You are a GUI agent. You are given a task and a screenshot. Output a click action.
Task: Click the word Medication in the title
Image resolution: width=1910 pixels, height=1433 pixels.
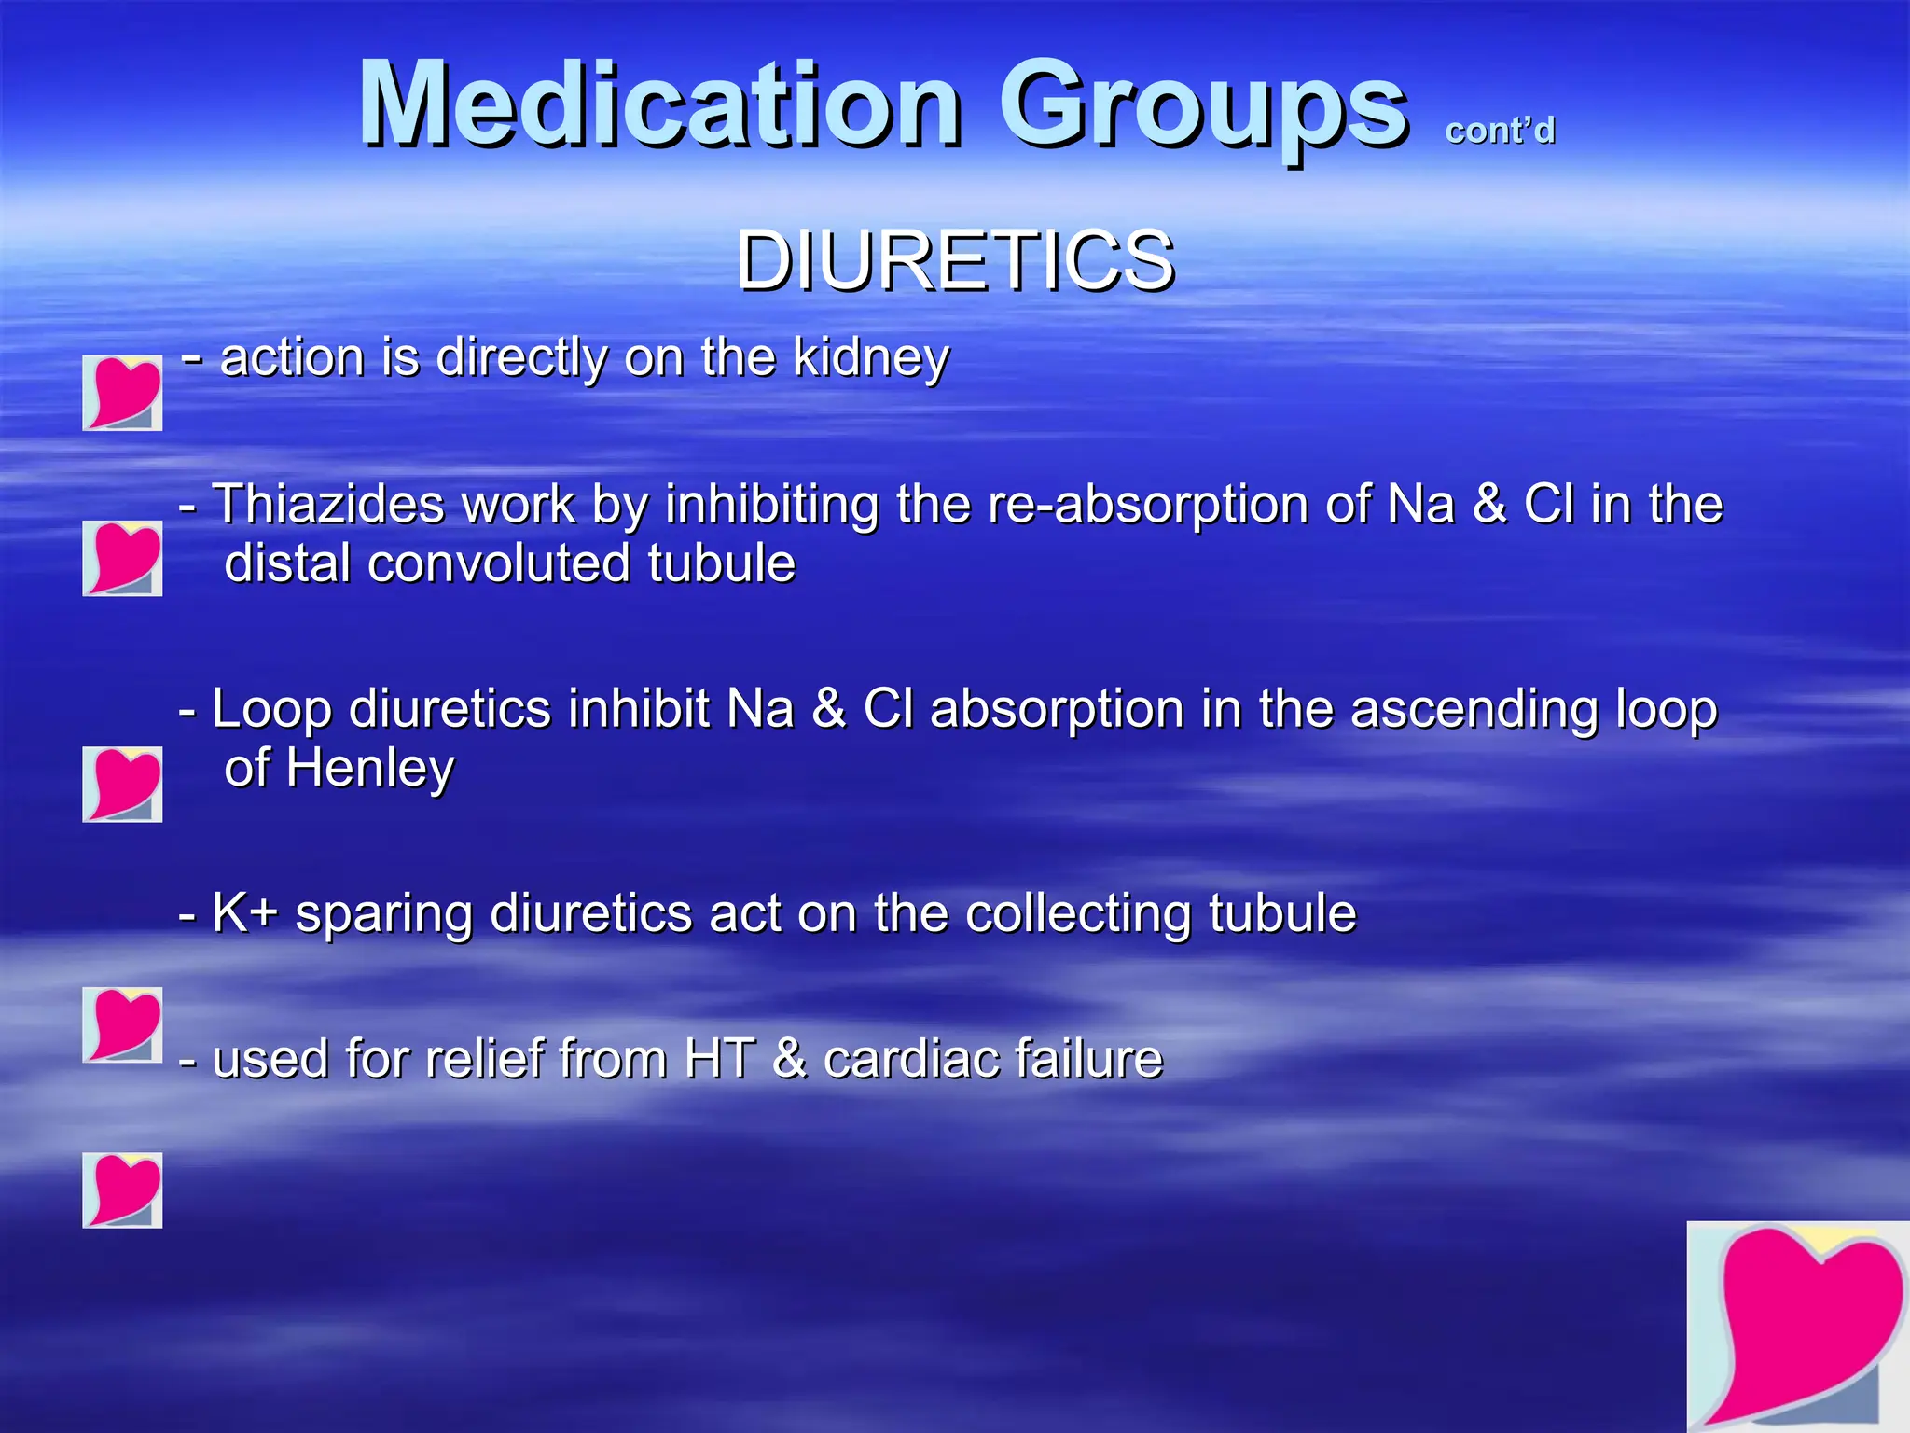pos(659,104)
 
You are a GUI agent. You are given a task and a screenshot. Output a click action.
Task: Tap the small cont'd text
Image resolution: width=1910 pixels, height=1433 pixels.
pos(1500,131)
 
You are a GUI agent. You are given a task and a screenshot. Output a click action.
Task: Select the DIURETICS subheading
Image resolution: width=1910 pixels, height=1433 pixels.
pos(955,261)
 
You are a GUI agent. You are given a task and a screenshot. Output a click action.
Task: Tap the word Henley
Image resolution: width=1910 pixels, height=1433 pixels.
pos(369,768)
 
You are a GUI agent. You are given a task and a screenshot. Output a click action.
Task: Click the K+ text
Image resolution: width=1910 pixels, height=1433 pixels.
pos(245,912)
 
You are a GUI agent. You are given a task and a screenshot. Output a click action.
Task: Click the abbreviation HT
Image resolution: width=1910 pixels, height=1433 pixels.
pos(719,1059)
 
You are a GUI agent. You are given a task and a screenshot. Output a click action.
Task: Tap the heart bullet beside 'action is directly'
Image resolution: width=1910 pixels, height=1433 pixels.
pos(122,393)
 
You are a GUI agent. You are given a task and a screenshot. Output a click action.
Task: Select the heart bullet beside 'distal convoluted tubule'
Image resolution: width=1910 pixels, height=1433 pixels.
pos(122,558)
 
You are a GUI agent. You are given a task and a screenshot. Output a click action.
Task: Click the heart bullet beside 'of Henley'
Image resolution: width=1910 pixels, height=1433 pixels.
pos(122,784)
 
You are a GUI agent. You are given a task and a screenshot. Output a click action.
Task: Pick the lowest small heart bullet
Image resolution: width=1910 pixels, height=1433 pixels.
pos(122,1190)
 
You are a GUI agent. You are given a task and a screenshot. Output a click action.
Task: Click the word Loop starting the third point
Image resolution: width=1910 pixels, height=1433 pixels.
pos(271,710)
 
